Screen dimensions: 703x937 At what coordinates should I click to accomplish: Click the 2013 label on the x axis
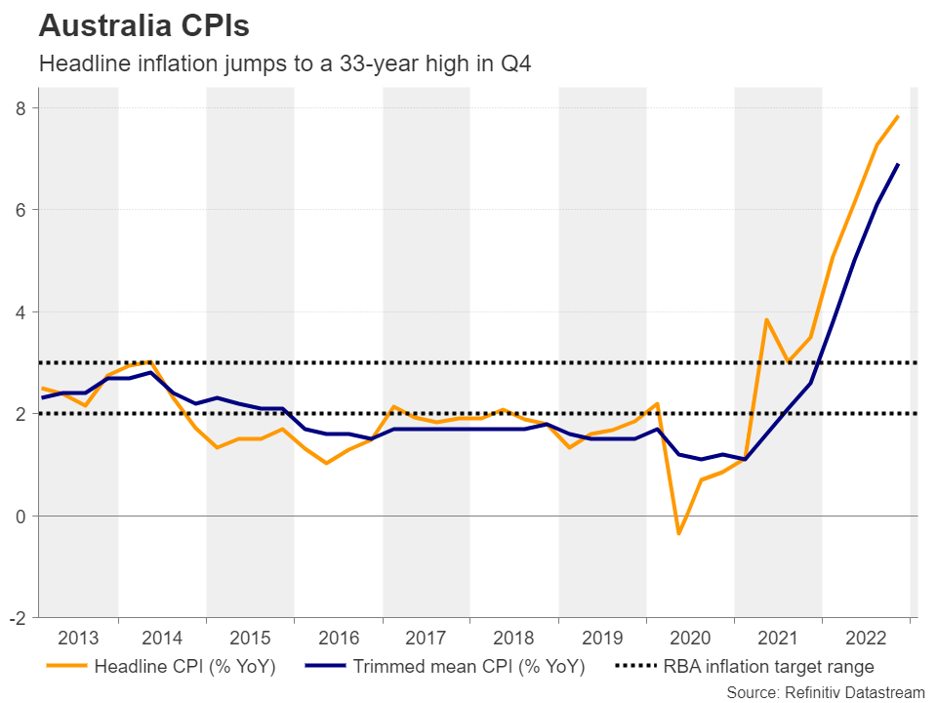pyautogui.click(x=78, y=639)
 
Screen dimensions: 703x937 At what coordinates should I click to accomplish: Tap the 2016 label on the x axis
pyautogui.click(x=338, y=639)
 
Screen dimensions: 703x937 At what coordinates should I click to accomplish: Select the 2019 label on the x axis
pyautogui.click(x=602, y=639)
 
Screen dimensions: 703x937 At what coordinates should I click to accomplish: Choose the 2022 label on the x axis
pyautogui.click(x=866, y=639)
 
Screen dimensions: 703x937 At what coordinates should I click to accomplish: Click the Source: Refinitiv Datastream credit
pyautogui.click(x=825, y=691)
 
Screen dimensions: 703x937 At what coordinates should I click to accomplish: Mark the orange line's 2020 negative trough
pyautogui.click(x=679, y=534)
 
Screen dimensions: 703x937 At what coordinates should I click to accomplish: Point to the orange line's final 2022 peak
pyautogui.click(x=898, y=116)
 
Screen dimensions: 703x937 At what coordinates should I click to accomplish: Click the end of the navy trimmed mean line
pyautogui.click(x=898, y=164)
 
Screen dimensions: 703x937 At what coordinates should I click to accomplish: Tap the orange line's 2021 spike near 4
pyautogui.click(x=767, y=319)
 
